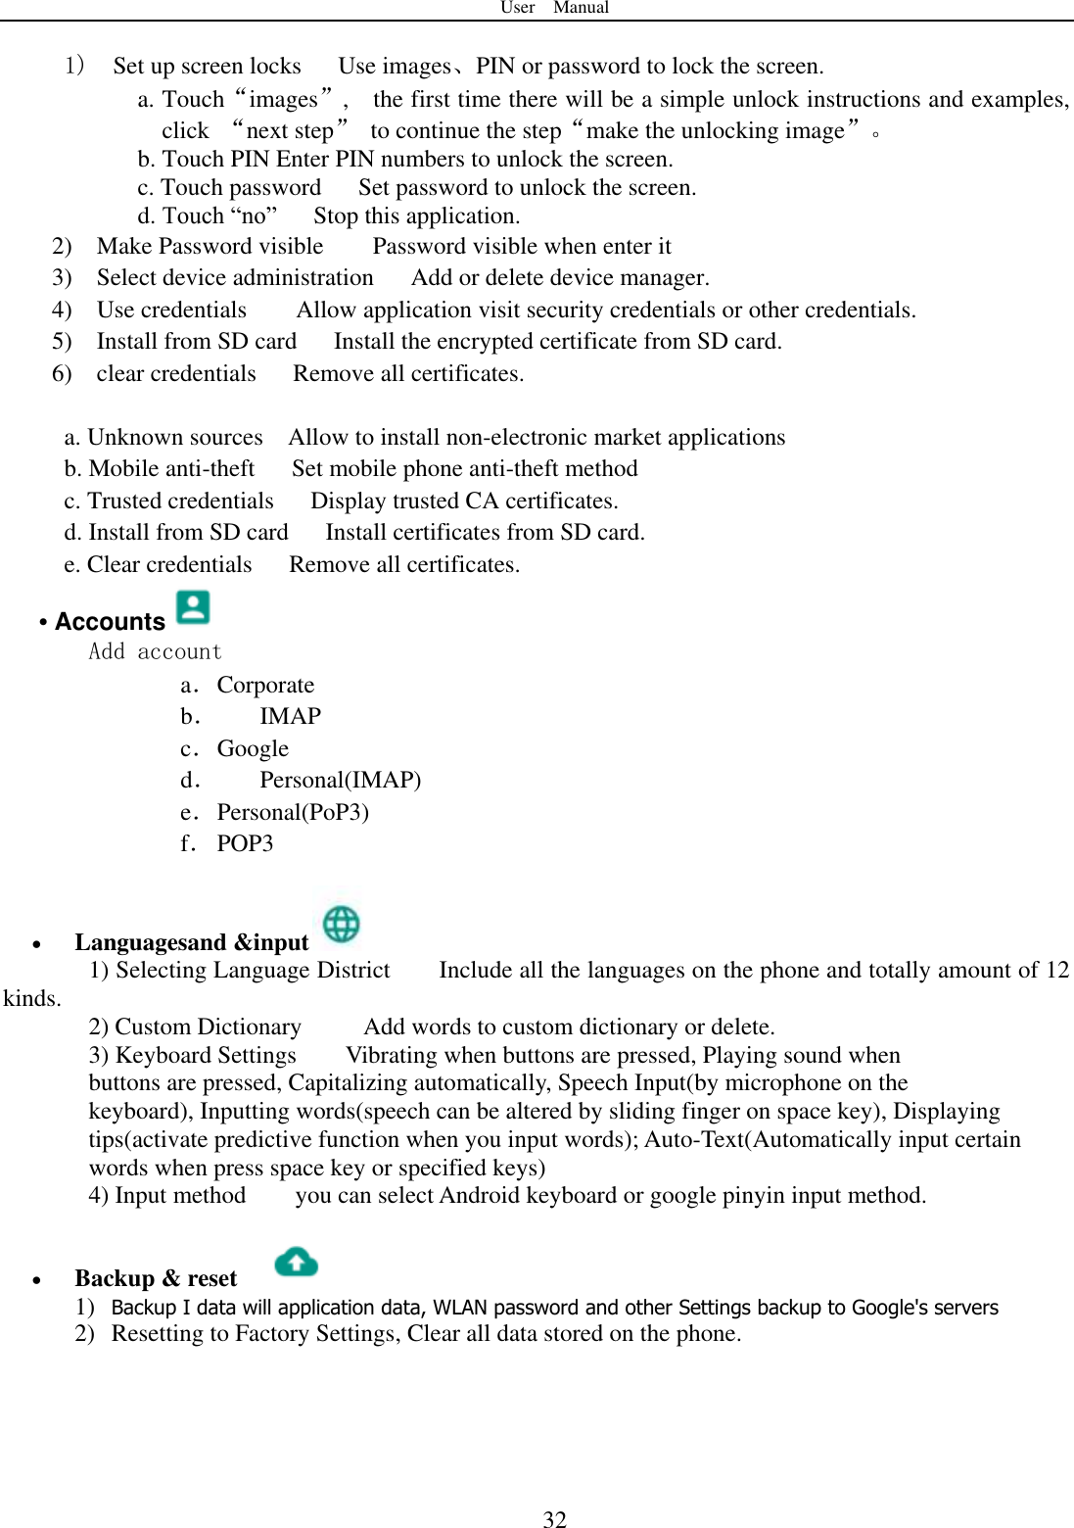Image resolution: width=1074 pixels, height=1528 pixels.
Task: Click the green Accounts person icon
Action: point(193,607)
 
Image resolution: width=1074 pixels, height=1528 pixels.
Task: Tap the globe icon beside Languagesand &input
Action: point(341,924)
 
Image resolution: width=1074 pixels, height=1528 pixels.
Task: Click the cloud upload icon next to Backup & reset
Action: point(296,1262)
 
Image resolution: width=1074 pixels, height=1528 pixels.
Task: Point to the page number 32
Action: point(554,1518)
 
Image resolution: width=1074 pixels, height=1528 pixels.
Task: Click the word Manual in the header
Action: point(581,8)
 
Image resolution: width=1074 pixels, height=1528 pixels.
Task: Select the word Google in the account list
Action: point(253,748)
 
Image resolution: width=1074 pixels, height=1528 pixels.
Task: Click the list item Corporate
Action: point(265,685)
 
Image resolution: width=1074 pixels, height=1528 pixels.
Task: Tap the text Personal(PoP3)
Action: point(293,812)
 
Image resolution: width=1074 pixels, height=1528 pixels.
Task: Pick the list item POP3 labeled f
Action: point(245,843)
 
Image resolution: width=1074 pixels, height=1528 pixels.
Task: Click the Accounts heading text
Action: point(110,622)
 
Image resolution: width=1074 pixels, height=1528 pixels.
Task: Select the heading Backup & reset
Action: point(156,1278)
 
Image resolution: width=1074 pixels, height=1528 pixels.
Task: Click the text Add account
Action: point(156,652)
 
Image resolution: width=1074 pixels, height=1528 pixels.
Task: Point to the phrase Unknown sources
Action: point(175,437)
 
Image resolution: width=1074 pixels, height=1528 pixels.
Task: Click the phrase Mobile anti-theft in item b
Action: point(171,468)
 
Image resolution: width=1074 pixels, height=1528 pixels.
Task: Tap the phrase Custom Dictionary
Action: point(208,1027)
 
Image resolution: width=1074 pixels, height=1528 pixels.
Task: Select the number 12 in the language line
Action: point(1056,970)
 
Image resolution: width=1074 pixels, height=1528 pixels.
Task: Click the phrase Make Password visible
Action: point(210,246)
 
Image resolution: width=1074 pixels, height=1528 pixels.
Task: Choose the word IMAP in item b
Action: point(290,716)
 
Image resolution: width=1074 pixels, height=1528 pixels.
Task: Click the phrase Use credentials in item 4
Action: point(171,310)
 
